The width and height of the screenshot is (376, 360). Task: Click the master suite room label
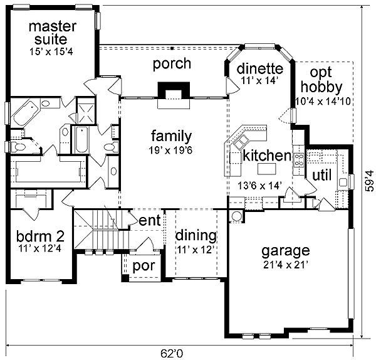point(53,33)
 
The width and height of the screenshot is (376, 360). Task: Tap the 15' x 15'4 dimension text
point(51,51)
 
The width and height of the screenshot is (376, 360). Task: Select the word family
point(172,136)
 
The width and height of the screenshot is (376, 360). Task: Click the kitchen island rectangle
point(267,169)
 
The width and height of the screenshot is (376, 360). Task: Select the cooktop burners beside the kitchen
point(299,160)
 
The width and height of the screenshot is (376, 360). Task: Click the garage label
point(286,251)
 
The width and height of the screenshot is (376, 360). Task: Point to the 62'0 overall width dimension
point(172,353)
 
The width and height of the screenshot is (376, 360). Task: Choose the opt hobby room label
point(321,80)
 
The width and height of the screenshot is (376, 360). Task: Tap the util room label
point(322,175)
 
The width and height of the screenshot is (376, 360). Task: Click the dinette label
point(260,68)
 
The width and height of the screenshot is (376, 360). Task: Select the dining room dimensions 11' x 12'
point(196,250)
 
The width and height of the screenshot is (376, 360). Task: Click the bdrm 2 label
point(40,236)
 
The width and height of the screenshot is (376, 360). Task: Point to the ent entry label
point(150,221)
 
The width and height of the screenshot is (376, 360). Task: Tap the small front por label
point(144,267)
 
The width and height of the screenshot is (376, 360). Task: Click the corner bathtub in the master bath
point(25,113)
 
